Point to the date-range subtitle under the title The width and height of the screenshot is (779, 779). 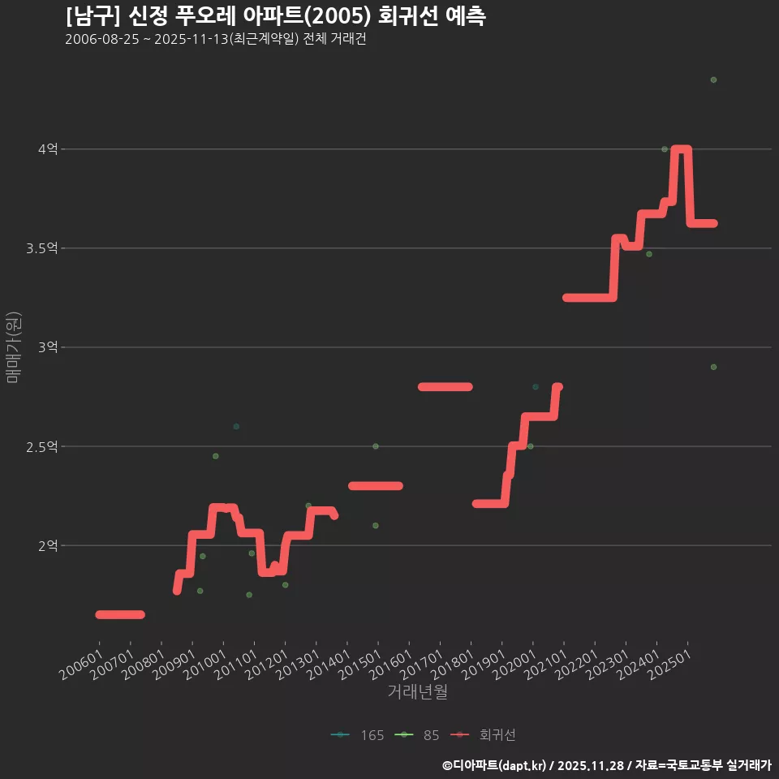point(216,40)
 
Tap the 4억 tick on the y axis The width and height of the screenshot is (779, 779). point(47,149)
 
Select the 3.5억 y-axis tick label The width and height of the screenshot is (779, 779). point(42,248)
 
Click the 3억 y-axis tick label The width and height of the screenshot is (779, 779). point(47,347)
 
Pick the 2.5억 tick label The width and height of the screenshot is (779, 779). point(42,446)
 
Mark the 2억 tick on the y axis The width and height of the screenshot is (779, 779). point(47,545)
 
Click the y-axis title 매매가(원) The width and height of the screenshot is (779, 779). point(14,347)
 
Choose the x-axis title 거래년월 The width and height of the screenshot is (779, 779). point(417,691)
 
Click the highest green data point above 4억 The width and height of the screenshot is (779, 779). point(713,80)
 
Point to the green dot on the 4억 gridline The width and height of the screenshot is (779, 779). point(665,149)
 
